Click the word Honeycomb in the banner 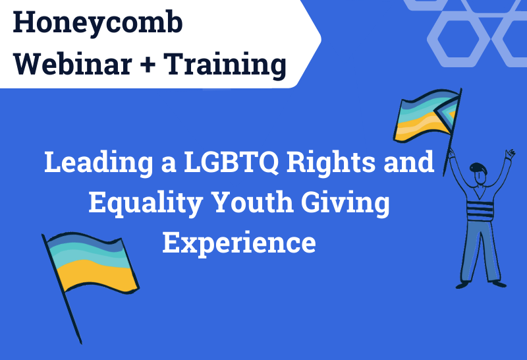(x=98, y=24)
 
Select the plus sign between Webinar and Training (x=150, y=65)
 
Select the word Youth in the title (x=263, y=202)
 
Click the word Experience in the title (x=239, y=243)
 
